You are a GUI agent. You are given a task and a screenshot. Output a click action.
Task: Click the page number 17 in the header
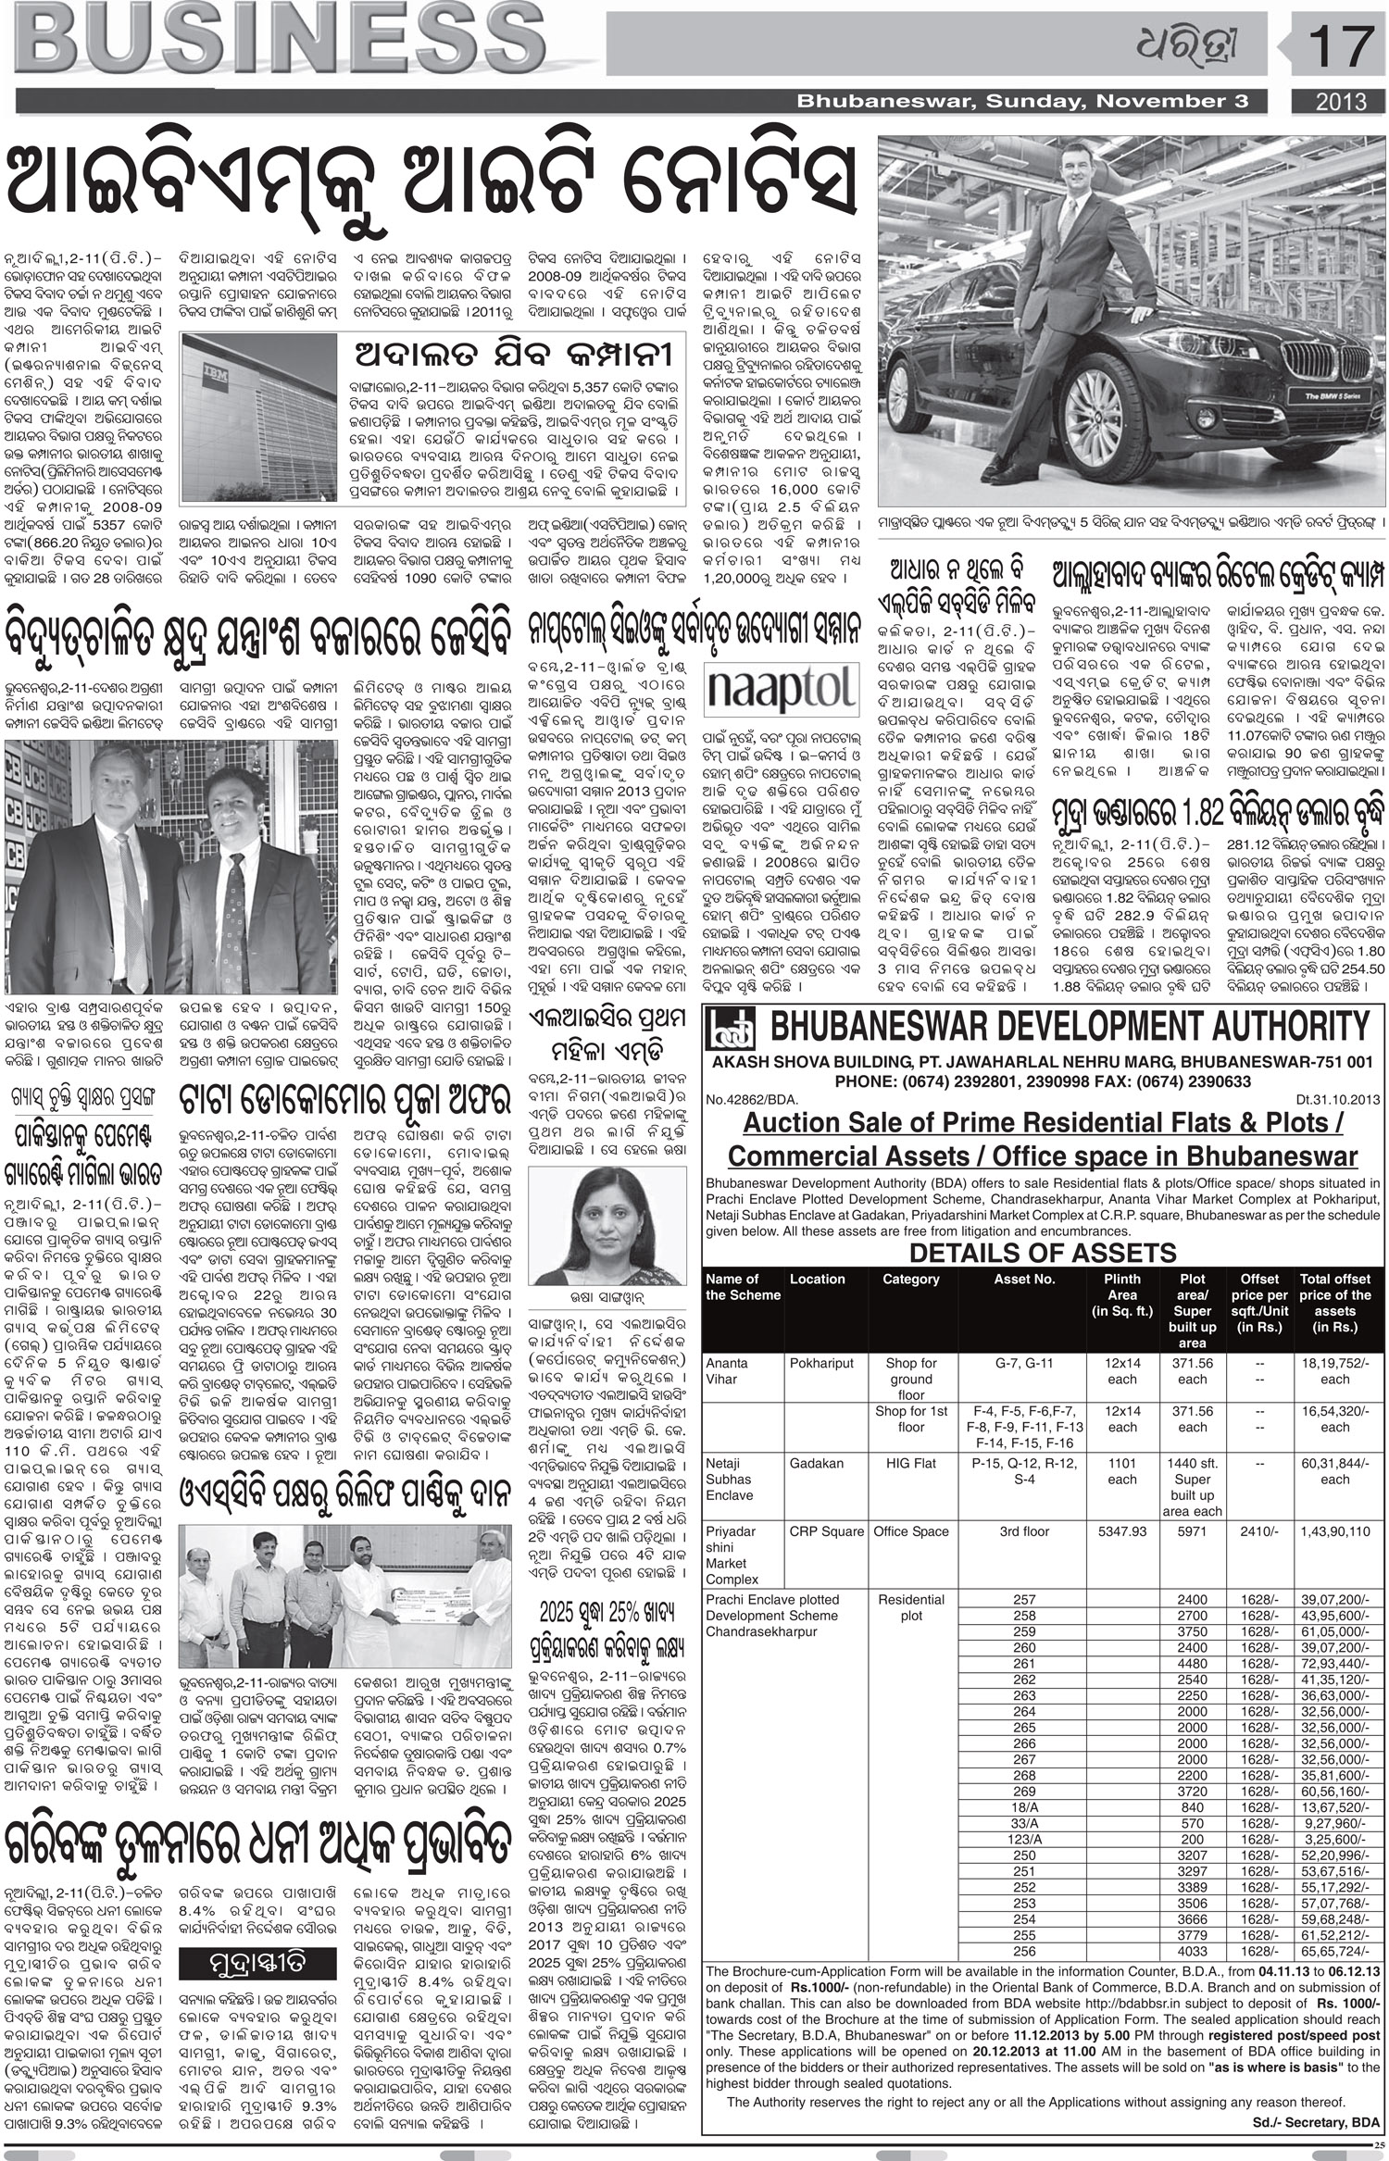[1336, 46]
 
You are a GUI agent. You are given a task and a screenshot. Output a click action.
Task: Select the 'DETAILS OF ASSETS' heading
[1042, 1254]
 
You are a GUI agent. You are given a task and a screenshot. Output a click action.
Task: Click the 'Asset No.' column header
[1023, 1280]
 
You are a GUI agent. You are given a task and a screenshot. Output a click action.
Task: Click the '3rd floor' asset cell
[1023, 1531]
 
